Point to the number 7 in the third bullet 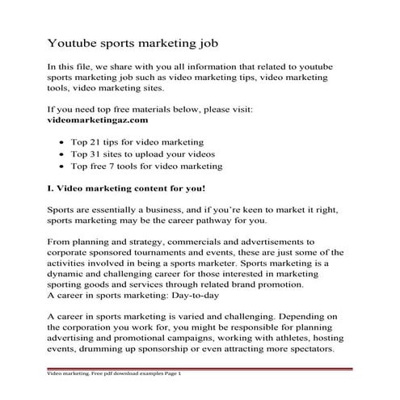point(151,166)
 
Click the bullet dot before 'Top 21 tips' point(86,140)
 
